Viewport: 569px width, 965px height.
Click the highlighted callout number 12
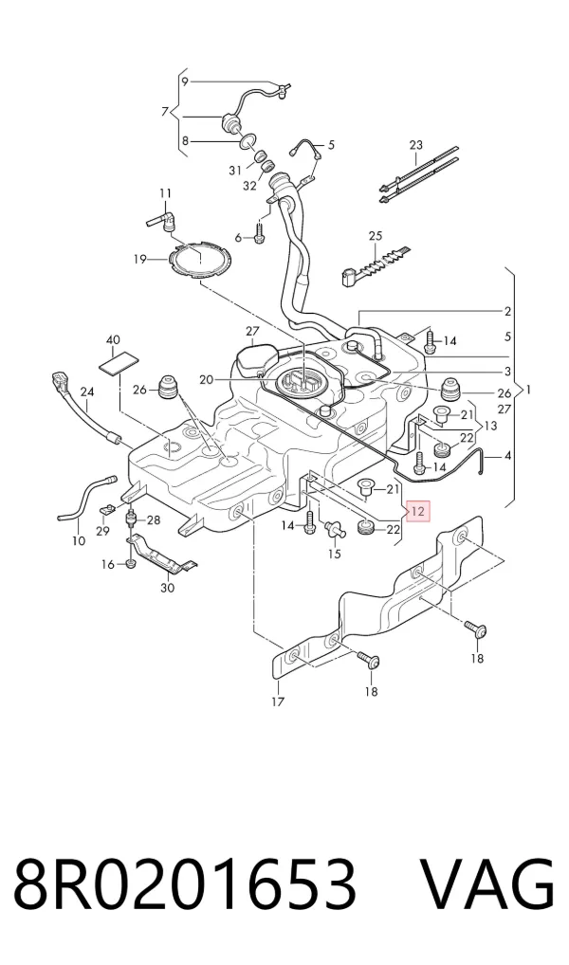point(418,511)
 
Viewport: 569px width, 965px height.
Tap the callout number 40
point(113,339)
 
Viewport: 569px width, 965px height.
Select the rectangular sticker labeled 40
point(119,362)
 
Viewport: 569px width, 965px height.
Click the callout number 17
point(278,701)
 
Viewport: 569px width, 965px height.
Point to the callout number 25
point(376,236)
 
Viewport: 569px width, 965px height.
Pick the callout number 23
point(416,145)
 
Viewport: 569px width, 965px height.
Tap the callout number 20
point(207,380)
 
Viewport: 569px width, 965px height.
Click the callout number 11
point(165,194)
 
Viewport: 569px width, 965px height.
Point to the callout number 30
point(168,588)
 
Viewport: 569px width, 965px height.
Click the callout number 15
point(334,554)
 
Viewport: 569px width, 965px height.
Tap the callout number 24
point(87,391)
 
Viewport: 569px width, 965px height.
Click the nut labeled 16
point(129,564)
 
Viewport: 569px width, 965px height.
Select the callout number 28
point(153,520)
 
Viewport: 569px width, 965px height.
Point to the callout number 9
point(185,82)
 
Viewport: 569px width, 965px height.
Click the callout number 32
point(248,185)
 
